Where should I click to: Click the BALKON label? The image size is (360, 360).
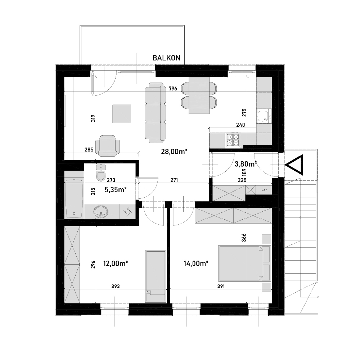click(x=166, y=58)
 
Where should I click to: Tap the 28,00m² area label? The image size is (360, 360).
click(x=174, y=152)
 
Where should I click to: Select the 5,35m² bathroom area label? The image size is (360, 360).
click(x=116, y=190)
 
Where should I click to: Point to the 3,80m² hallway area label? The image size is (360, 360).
click(x=246, y=164)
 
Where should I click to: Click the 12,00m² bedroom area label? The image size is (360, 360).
click(x=116, y=264)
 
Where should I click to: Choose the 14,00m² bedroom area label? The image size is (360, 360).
click(x=196, y=264)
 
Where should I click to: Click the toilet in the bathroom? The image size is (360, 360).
click(x=101, y=173)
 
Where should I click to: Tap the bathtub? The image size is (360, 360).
click(x=74, y=199)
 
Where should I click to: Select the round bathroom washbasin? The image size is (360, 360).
click(x=101, y=211)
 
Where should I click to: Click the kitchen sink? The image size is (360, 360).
click(x=264, y=116)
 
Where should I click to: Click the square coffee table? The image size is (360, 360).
click(x=122, y=114)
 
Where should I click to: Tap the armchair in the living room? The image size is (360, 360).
click(x=107, y=146)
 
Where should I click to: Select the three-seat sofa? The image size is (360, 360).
click(x=155, y=113)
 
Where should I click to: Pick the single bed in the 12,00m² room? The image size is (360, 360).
click(x=156, y=276)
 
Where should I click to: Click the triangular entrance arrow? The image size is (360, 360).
click(x=294, y=165)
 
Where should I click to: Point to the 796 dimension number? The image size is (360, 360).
click(x=173, y=89)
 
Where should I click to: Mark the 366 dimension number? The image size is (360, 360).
click(x=244, y=238)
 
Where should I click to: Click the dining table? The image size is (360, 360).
click(x=199, y=95)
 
